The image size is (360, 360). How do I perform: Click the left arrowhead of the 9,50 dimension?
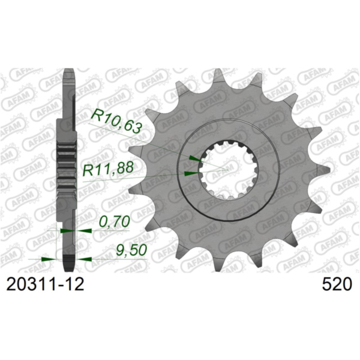coord(47,259)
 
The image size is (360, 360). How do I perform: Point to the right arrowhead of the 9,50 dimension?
coord(83,259)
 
